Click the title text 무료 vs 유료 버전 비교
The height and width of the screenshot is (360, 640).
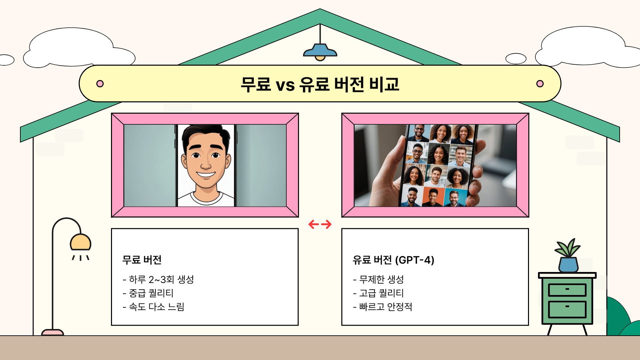[320, 84]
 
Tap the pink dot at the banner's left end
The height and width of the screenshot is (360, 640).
[100, 84]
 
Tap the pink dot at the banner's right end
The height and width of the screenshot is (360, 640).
[540, 84]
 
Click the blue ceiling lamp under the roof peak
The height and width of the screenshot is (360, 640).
[320, 51]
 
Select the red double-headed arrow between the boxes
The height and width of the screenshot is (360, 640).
[320, 224]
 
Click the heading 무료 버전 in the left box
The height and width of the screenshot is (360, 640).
[142, 260]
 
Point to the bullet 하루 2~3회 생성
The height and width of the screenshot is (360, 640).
[158, 279]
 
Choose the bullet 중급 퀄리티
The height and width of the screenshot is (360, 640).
[148, 293]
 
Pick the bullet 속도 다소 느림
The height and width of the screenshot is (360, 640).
[154, 307]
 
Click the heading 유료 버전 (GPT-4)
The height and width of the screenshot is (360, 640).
[393, 260]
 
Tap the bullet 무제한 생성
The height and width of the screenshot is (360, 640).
[378, 279]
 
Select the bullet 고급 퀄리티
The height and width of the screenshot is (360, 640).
[378, 293]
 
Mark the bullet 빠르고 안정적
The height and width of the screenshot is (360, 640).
[383, 307]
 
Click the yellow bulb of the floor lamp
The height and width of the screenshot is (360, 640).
[80, 243]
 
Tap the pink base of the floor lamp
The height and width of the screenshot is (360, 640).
[52, 332]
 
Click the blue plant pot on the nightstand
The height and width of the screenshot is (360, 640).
[568, 265]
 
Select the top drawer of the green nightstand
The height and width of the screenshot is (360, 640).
[567, 290]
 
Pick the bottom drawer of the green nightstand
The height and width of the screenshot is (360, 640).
[567, 309]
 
